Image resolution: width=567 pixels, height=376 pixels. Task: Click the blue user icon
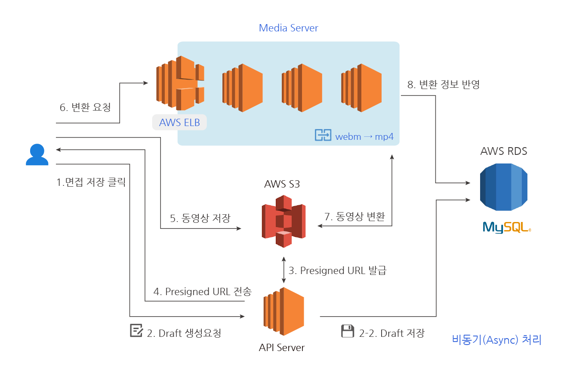[x=37, y=155]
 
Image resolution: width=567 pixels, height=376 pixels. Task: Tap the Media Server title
[x=288, y=28]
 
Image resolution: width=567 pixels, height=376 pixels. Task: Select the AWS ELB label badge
[x=179, y=122]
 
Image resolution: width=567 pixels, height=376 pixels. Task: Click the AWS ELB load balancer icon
[x=180, y=83]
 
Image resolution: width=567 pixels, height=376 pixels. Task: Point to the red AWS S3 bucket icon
[x=283, y=221]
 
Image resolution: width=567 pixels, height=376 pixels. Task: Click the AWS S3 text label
[x=282, y=184]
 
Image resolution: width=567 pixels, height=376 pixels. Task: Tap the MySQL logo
[x=506, y=227]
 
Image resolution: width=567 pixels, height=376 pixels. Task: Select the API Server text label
[x=282, y=348]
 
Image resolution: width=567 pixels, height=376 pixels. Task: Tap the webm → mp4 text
[x=364, y=136]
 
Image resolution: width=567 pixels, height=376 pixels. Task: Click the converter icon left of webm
[x=323, y=135]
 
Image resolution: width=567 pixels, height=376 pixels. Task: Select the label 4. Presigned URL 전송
[x=202, y=292]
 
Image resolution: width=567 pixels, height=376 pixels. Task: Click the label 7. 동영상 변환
[x=354, y=217]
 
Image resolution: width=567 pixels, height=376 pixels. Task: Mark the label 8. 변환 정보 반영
[x=443, y=84]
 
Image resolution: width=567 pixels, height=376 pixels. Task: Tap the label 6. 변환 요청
[x=85, y=107]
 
